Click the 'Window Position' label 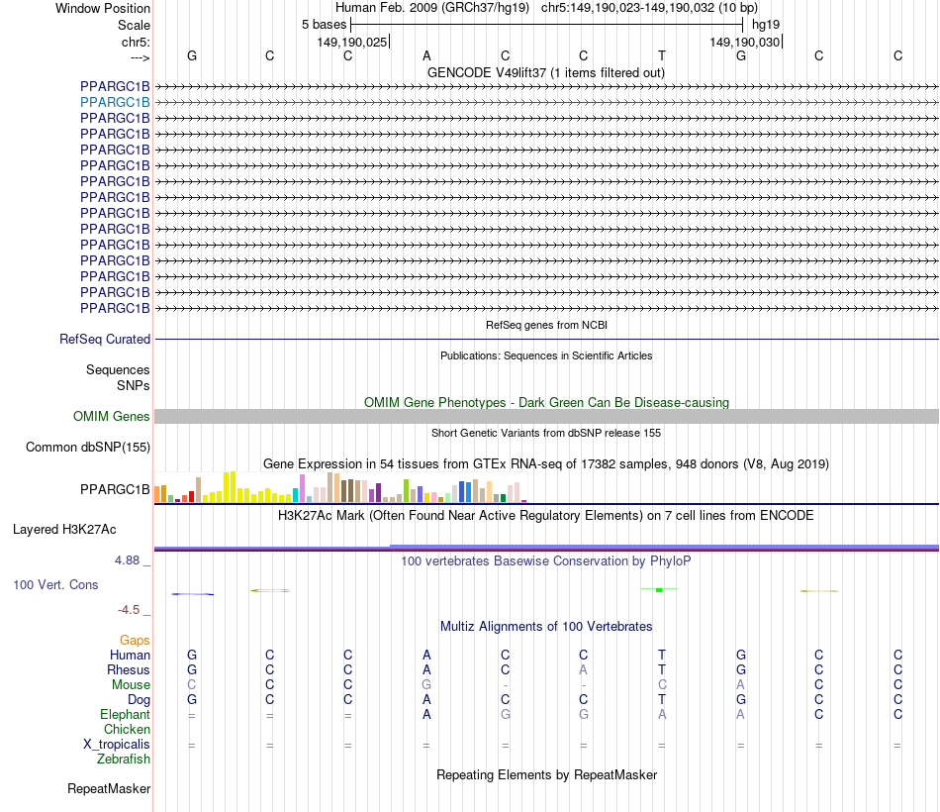tap(103, 8)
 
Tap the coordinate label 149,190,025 tap(352, 42)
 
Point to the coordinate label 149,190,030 tap(745, 42)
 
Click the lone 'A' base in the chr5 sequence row tap(426, 55)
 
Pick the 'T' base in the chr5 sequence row tap(662, 55)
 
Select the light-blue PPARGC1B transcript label tap(115, 102)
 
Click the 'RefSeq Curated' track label tap(105, 339)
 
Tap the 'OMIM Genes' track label tap(112, 417)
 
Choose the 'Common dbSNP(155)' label tap(88, 448)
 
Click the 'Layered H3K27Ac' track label tap(69, 529)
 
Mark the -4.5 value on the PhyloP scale tap(133, 610)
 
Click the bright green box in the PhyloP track tap(658, 590)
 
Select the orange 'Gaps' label tap(135, 641)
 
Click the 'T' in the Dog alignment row tap(662, 700)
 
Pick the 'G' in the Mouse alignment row tap(426, 685)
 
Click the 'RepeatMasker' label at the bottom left tap(109, 789)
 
